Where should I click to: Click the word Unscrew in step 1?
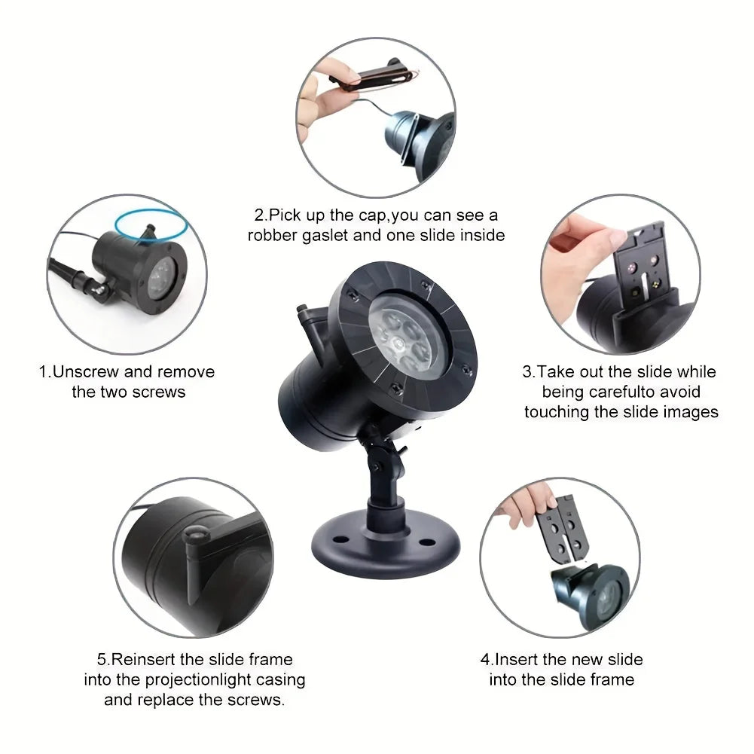86,371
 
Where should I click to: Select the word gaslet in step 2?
326,236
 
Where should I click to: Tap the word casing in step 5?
281,680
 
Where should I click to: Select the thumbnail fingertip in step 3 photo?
617,237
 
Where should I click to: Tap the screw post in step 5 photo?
196,563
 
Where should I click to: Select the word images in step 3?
691,413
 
